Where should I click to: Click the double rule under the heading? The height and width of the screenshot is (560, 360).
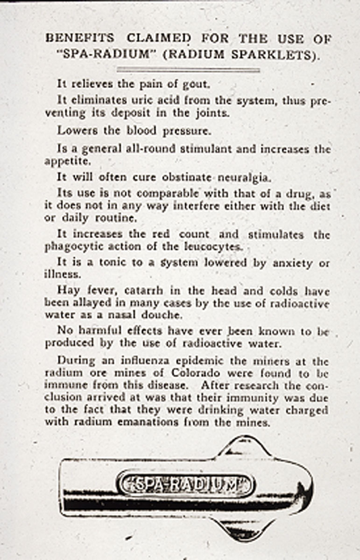click(188, 70)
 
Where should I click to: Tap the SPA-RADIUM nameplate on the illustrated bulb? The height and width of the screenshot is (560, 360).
click(186, 484)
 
